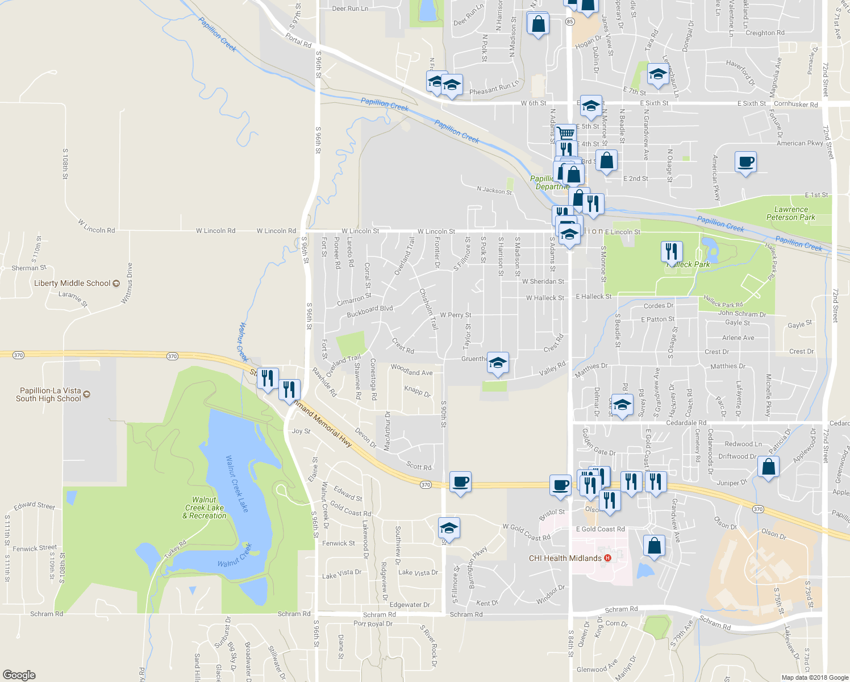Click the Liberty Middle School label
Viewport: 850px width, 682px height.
tap(72, 283)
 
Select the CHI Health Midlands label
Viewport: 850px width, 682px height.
tap(565, 558)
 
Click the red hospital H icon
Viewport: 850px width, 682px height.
tap(608, 558)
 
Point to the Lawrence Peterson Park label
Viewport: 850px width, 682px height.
tap(790, 213)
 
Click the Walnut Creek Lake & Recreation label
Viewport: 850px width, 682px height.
tap(205, 508)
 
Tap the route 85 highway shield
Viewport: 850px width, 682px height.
tap(570, 21)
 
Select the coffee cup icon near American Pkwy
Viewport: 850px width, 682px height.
tap(745, 162)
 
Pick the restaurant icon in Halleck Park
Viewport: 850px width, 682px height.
tap(672, 251)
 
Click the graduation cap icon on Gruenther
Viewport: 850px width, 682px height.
tap(498, 363)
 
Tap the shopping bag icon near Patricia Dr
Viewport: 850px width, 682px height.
tap(768, 467)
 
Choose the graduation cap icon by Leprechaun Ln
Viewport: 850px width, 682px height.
tap(657, 74)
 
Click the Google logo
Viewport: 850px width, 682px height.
tap(19, 675)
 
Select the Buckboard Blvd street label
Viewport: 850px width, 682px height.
tap(369, 311)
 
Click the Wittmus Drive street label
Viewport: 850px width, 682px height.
tap(127, 283)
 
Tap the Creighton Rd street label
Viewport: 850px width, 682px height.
tap(765, 33)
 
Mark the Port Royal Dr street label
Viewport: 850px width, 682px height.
tap(373, 623)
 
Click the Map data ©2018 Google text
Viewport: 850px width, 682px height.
tap(815, 677)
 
